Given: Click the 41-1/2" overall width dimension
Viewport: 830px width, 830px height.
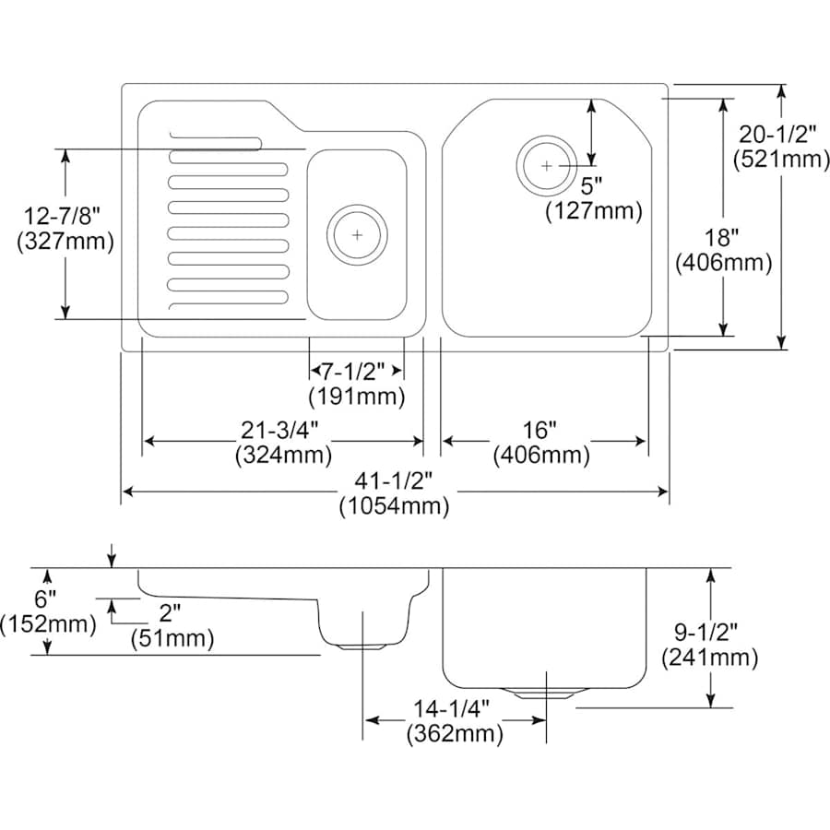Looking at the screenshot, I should click(394, 481).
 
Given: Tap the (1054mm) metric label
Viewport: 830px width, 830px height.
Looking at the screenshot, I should click(394, 506).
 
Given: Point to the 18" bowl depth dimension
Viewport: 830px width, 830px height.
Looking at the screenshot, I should click(723, 238).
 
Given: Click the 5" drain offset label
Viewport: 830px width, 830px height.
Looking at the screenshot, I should click(592, 185).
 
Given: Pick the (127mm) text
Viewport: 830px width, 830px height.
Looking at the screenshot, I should click(593, 210).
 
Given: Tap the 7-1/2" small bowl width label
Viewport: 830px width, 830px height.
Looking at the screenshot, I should click(356, 372).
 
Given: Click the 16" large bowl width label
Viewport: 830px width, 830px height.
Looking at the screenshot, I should click(541, 430).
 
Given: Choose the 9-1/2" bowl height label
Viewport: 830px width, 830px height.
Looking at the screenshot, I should click(710, 633).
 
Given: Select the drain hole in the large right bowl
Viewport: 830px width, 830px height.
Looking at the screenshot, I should click(547, 165).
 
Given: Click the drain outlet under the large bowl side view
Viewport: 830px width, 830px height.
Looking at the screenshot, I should click(547, 692).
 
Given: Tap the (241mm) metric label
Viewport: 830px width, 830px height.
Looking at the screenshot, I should click(710, 658).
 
